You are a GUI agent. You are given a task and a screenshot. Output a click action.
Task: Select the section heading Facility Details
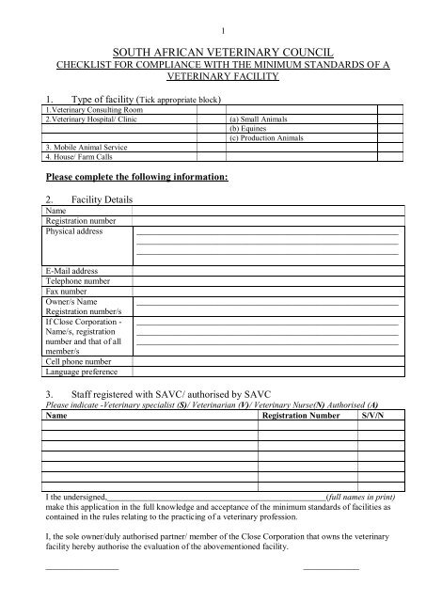100,200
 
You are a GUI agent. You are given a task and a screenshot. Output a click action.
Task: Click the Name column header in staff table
56,414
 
